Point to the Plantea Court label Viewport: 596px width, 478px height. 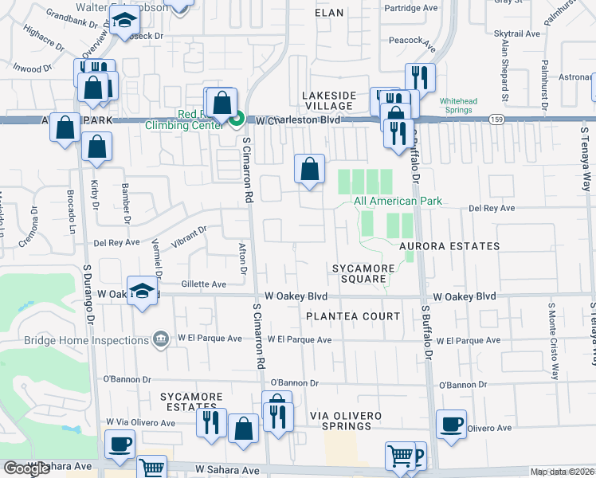(353, 316)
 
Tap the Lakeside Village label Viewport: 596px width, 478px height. (328, 101)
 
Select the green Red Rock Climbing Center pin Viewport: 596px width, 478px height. (237, 120)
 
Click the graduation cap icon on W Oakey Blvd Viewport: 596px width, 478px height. (142, 291)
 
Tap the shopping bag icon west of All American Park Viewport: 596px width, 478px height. (309, 169)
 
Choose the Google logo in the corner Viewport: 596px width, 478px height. (26, 468)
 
